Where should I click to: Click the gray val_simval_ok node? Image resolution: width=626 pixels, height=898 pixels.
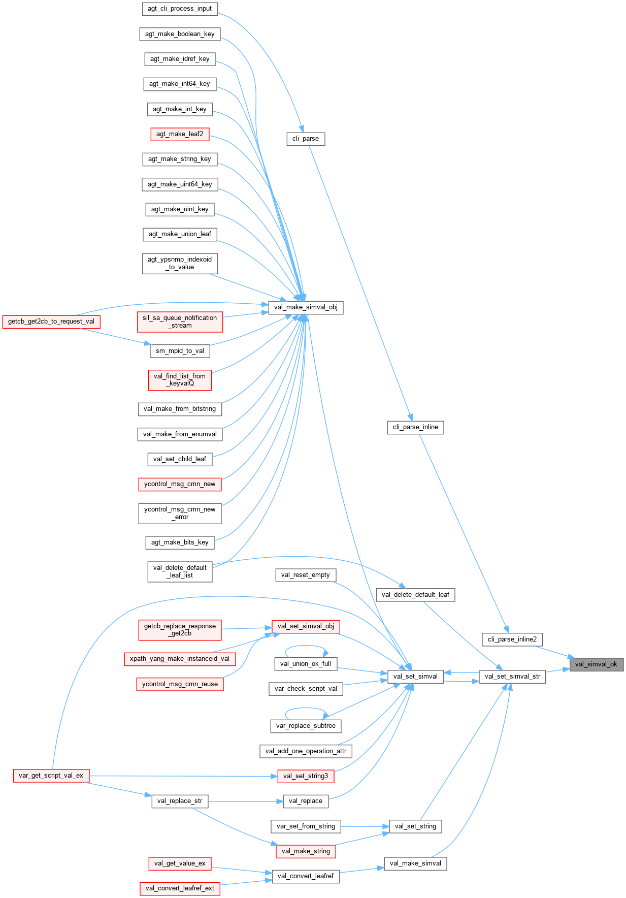pyautogui.click(x=596, y=664)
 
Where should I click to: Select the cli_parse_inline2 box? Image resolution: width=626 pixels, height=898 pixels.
pyautogui.click(x=512, y=639)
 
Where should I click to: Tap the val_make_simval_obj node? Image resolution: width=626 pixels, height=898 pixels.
pyautogui.click(x=306, y=307)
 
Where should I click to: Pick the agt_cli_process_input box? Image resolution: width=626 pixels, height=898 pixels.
pyautogui.click(x=180, y=9)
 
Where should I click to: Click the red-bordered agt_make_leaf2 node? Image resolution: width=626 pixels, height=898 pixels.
pyautogui.click(x=180, y=134)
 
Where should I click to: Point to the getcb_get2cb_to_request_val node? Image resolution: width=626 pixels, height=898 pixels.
pyautogui.click(x=51, y=322)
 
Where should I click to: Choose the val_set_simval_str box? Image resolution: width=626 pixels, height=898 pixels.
pyautogui.click(x=512, y=676)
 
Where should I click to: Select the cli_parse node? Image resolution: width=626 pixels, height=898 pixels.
pyautogui.click(x=306, y=139)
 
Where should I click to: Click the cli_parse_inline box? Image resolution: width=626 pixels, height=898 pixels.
pyautogui.click(x=415, y=427)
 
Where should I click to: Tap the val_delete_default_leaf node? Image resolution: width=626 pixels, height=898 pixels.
pyautogui.click(x=415, y=594)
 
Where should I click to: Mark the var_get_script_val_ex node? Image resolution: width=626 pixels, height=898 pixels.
pyautogui.click(x=51, y=776)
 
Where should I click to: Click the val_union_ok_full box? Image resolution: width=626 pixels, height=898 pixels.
pyautogui.click(x=306, y=663)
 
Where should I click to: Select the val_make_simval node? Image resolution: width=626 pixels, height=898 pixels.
pyautogui.click(x=415, y=863)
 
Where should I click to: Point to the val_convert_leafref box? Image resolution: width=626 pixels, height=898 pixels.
pyautogui.click(x=306, y=876)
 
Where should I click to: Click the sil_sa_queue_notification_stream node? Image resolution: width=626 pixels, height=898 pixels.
pyautogui.click(x=180, y=322)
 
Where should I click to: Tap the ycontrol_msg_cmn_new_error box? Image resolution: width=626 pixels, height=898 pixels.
pyautogui.click(x=180, y=513)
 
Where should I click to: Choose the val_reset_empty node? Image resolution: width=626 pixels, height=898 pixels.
pyautogui.click(x=306, y=575)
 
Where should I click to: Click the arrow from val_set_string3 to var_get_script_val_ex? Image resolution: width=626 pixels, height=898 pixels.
pyautogui.click(x=183, y=776)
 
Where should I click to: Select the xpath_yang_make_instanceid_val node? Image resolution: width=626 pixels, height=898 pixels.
pyautogui.click(x=180, y=659)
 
